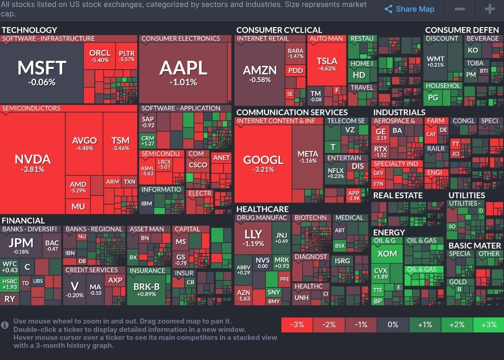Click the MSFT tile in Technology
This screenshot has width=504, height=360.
coord(43,72)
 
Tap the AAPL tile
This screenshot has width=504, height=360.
coord(184,72)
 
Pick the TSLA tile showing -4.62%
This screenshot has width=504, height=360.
coord(327,64)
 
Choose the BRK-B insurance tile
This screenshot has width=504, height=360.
coord(146,290)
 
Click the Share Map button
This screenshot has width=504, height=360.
coord(410,9)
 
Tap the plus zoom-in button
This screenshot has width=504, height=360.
coord(489,9)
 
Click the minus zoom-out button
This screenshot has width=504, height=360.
coord(460,9)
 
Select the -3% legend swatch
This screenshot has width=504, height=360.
coord(297,324)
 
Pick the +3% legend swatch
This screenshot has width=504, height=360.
coord(489,324)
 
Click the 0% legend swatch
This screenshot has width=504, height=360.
coord(393,324)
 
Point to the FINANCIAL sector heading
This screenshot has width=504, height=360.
coord(23,220)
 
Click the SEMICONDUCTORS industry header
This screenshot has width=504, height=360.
coord(31,108)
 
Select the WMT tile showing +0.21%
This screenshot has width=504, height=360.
coord(435,61)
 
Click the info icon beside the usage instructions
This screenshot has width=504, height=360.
coord(5,324)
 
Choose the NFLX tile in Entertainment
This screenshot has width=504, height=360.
coord(336,173)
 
